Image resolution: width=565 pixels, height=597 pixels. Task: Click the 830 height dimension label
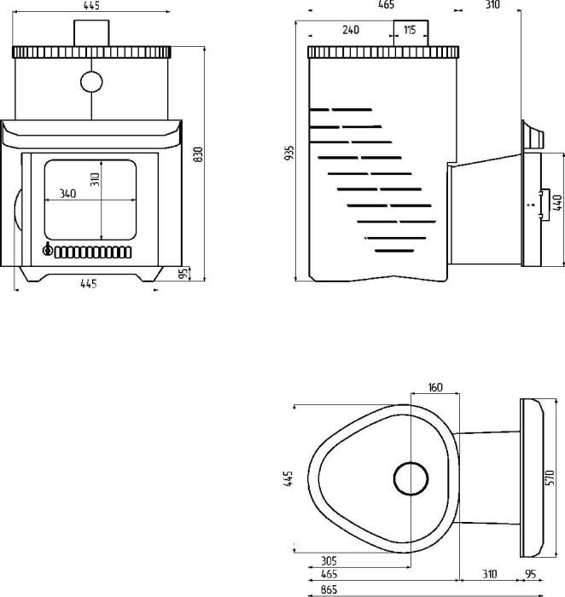coord(197,154)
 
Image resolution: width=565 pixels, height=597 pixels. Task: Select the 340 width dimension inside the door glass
coord(68,193)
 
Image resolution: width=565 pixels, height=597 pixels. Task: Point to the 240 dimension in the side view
coord(350,30)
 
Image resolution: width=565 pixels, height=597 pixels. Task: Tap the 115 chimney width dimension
coord(410,30)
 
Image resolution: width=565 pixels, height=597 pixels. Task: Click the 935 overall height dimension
coord(289,154)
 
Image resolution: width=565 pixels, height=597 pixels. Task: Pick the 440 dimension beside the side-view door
coord(557,203)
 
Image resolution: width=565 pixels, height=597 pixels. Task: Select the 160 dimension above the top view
coord(435,387)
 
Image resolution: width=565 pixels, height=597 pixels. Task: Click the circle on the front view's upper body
coord(90,82)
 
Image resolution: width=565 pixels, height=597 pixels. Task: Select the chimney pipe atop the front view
coord(90,33)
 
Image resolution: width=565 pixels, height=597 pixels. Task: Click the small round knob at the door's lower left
coord(48,251)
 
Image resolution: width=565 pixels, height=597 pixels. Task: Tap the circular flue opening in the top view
coord(411,478)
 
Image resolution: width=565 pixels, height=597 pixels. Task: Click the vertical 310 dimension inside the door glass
coord(96,180)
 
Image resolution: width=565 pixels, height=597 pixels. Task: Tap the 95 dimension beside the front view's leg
coord(183,273)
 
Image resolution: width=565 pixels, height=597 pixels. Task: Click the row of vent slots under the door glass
coord(90,252)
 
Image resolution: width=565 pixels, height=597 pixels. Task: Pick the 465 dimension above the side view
coord(385,5)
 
